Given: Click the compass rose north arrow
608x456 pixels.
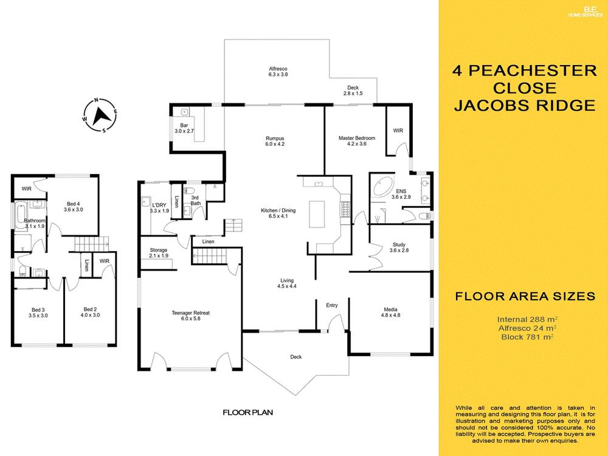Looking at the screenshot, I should point(101,114).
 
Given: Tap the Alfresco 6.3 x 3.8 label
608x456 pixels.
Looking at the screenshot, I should point(278,72).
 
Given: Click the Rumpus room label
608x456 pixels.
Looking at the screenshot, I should point(275,141).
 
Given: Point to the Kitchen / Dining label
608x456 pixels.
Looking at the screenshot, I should point(278,213).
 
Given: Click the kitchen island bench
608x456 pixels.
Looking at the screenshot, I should point(317,213).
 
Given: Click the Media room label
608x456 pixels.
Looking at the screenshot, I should point(390,312).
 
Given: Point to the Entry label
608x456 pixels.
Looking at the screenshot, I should point(332,305).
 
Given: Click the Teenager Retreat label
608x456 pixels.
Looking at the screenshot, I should point(190,316).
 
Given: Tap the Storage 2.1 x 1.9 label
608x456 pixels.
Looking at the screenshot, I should point(159,253).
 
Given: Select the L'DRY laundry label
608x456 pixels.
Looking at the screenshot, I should point(159,208).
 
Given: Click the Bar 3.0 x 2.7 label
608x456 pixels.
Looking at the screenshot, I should point(184,128).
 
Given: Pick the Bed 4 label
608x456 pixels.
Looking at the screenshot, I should point(73,206).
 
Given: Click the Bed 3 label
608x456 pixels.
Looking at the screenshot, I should point(38,313).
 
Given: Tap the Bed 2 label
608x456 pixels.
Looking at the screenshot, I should point(91,313).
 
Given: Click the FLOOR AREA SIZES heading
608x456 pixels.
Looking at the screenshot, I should point(524,297).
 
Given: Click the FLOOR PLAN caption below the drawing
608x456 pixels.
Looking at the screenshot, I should point(247,412).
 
